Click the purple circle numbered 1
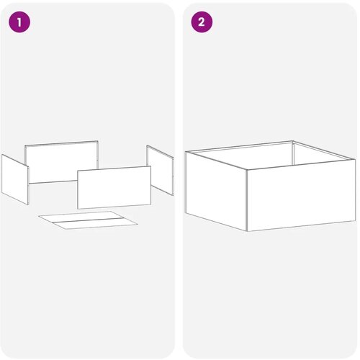pos(19,22)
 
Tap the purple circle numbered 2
pos(202,22)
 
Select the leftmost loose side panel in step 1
pos(15,179)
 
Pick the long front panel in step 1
pos(114,187)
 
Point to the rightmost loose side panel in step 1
pos(160,170)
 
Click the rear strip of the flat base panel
pos(81,216)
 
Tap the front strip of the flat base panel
pos(95,224)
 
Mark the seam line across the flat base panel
pos(88,220)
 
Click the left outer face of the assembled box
pos(216,191)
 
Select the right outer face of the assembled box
pos(301,195)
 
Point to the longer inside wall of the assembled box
pos(243,156)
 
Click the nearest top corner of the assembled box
pos(247,169)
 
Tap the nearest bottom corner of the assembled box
pos(247,231)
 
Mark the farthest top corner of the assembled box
pos(293,141)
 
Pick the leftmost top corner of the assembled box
pos(186,152)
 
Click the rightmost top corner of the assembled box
pos(356,159)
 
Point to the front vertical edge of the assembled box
pos(247,200)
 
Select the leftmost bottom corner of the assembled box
pos(186,212)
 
